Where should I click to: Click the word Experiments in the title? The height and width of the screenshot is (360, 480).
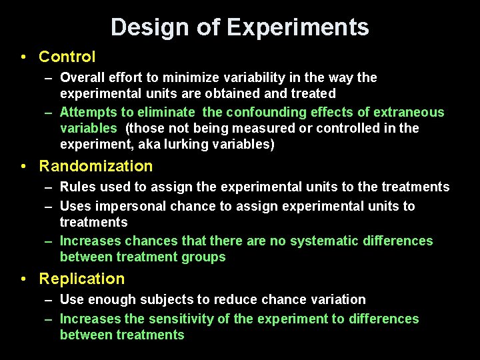pyautogui.click(x=297, y=27)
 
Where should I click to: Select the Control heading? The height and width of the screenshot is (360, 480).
pyautogui.click(x=67, y=57)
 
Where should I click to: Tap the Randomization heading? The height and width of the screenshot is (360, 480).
pyautogui.click(x=96, y=166)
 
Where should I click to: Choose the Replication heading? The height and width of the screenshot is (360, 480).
pyautogui.click(x=82, y=279)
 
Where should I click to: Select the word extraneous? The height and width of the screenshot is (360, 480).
pyautogui.click(x=407, y=112)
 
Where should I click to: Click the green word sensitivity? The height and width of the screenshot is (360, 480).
pyautogui.click(x=190, y=319)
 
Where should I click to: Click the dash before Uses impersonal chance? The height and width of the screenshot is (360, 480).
pyautogui.click(x=49, y=206)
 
